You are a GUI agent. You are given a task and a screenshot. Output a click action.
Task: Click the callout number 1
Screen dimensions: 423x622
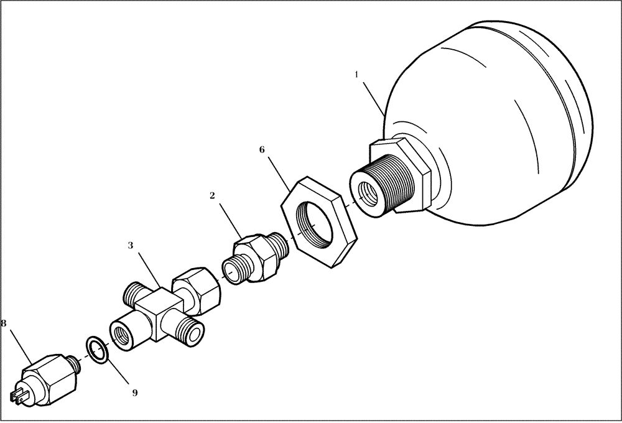click(356, 75)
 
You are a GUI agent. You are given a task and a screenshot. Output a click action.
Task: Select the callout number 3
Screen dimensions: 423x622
click(130, 246)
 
